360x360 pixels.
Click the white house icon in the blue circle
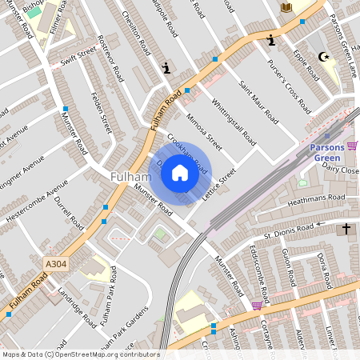[x=180, y=172]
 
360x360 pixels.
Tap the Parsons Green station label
[x=329, y=152]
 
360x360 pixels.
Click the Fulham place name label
[x=130, y=176]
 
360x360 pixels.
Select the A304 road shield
[x=55, y=262]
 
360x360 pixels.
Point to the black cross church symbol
[x=346, y=230]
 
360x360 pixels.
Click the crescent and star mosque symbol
[x=324, y=58]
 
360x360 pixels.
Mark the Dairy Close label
[x=341, y=170]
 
